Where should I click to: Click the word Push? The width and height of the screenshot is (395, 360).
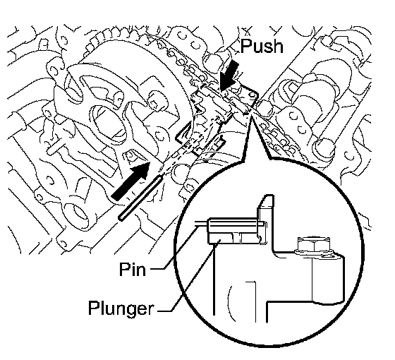click(x=262, y=46)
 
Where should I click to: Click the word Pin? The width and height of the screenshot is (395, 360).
click(x=133, y=269)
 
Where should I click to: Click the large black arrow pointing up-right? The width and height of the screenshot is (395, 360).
click(x=130, y=181)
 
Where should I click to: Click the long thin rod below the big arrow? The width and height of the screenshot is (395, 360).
click(x=140, y=198)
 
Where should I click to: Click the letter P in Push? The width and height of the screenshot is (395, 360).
click(x=245, y=46)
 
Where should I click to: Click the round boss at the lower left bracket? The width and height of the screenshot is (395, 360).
click(x=76, y=213)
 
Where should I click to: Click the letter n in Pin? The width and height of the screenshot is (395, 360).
click(x=140, y=271)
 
